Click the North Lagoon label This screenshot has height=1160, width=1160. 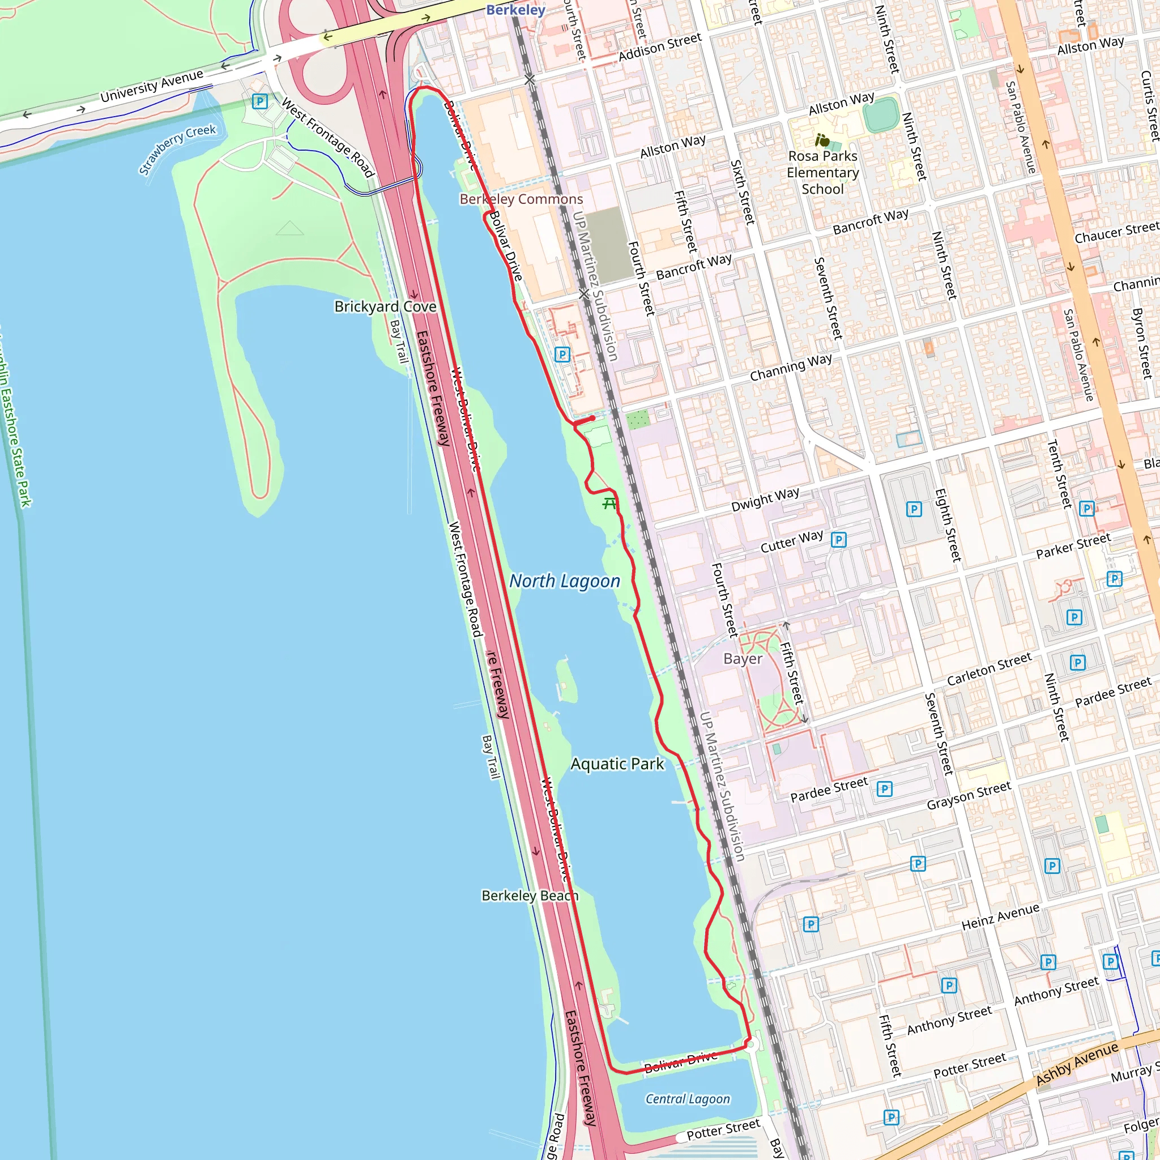click(564, 581)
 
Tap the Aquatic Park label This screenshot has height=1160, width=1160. click(617, 764)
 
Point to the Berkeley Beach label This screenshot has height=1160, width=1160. click(530, 896)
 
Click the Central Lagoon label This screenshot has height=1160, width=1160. click(688, 1099)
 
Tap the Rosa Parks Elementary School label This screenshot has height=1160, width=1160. click(822, 173)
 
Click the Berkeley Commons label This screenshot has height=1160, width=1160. click(521, 199)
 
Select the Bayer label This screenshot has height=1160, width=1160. click(743, 659)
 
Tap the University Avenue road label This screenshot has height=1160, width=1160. click(152, 87)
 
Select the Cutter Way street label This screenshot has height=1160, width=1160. click(791, 541)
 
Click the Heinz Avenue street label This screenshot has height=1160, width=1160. click(1000, 917)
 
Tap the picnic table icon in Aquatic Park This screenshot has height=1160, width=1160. click(609, 503)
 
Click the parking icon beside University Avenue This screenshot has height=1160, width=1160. click(259, 101)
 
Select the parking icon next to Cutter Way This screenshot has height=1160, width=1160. click(839, 540)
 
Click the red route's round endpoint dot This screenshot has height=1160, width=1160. click(592, 419)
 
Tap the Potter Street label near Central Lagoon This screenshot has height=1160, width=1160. click(723, 1130)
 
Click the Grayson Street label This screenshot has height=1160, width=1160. click(969, 796)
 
